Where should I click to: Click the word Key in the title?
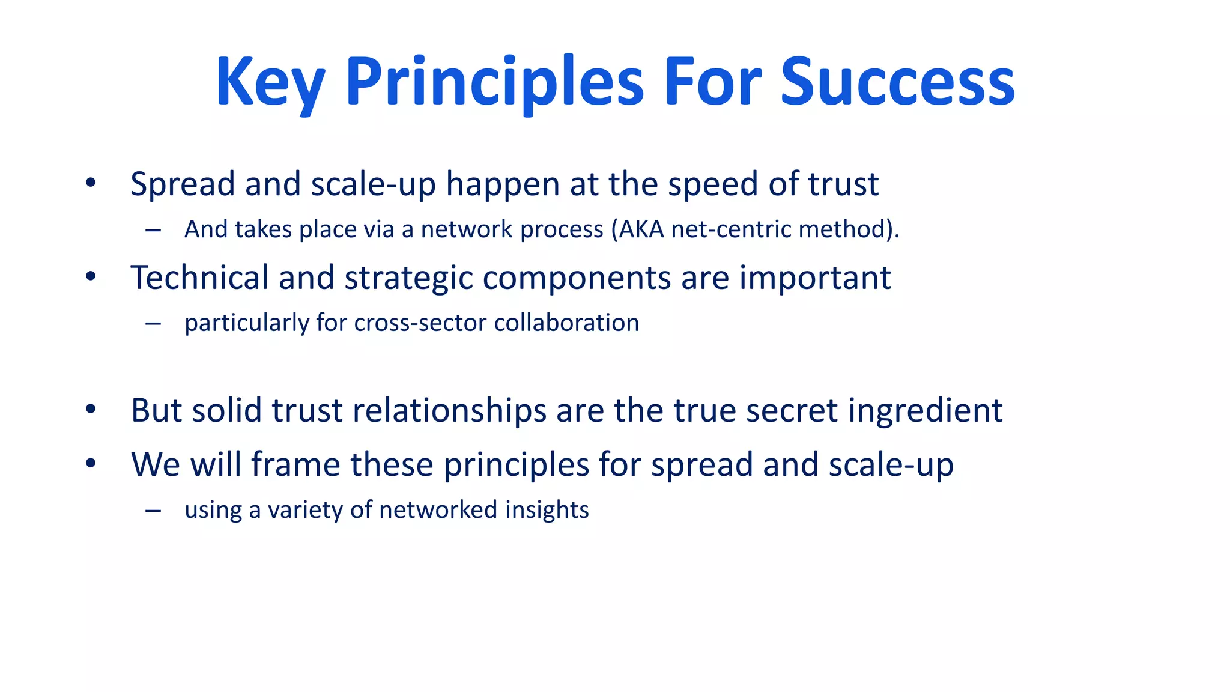click(270, 82)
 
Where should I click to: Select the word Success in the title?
click(897, 82)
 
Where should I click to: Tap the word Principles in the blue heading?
click(494, 82)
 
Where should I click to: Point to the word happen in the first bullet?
click(503, 184)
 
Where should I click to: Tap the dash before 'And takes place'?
click(153, 230)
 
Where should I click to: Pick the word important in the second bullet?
click(814, 279)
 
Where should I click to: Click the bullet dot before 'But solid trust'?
click(91, 410)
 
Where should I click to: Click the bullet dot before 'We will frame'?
click(91, 463)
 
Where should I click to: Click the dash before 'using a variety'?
click(153, 511)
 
